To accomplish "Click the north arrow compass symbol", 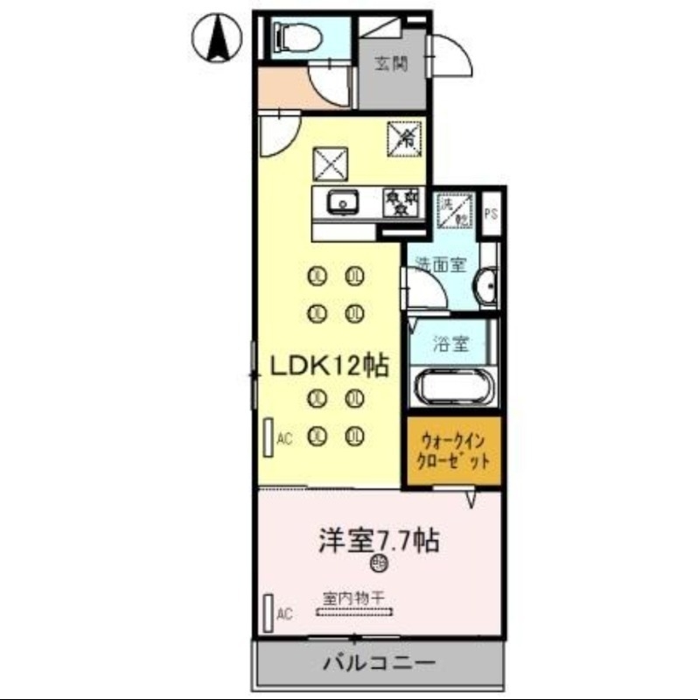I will (217, 40).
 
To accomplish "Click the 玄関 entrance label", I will (389, 63).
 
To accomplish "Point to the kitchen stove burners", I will (403, 203).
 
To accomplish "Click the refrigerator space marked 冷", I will (405, 137).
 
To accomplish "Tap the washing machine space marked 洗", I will (455, 209).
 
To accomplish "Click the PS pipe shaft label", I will (491, 213).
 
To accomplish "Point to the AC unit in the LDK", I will (268, 437).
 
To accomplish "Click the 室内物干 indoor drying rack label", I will (354, 598).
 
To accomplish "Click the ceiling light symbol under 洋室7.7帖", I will (378, 563).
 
